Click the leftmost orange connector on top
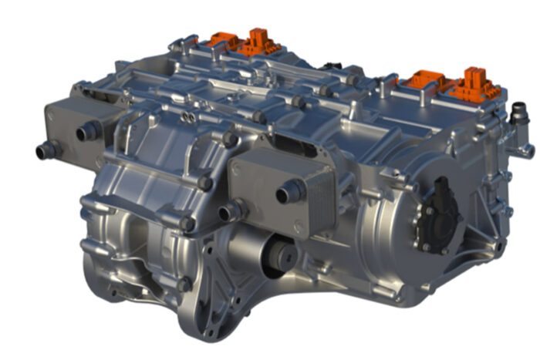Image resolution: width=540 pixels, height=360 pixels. click(x=223, y=39)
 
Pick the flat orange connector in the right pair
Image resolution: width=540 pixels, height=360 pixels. click(x=424, y=79)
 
